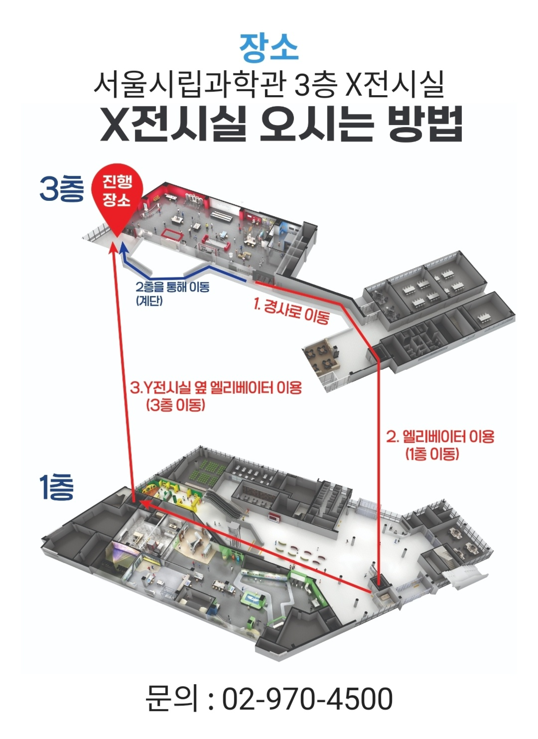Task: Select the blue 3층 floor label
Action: click(x=61, y=189)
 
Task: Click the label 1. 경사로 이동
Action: click(x=291, y=311)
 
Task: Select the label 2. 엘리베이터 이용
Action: click(x=440, y=437)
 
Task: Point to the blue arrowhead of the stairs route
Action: click(x=124, y=248)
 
